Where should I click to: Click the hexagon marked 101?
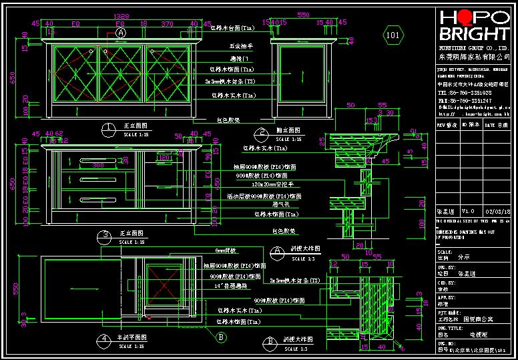coord(393,34)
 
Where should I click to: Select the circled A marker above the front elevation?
coord(121,32)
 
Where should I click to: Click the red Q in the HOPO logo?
coord(463,18)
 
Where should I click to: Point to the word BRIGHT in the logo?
coord(473,35)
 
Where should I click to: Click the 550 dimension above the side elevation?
coord(303,15)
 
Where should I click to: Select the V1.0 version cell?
coord(468,211)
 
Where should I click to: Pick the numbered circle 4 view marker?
coord(103,339)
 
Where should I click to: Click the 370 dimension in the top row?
coord(166,23)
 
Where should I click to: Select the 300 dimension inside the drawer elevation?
coord(99,165)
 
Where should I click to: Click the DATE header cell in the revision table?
coord(495,124)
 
